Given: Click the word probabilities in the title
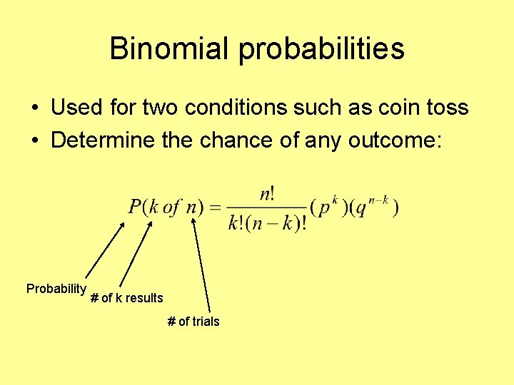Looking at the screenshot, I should (321, 49).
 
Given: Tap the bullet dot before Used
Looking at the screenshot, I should (34, 108).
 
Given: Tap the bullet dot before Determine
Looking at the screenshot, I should (34, 141).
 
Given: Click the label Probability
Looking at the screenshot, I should (56, 289).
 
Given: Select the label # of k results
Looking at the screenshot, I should (127, 298).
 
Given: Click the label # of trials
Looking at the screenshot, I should (193, 322).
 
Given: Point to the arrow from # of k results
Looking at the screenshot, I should (136, 253).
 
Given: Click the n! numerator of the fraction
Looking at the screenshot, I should (267, 193).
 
